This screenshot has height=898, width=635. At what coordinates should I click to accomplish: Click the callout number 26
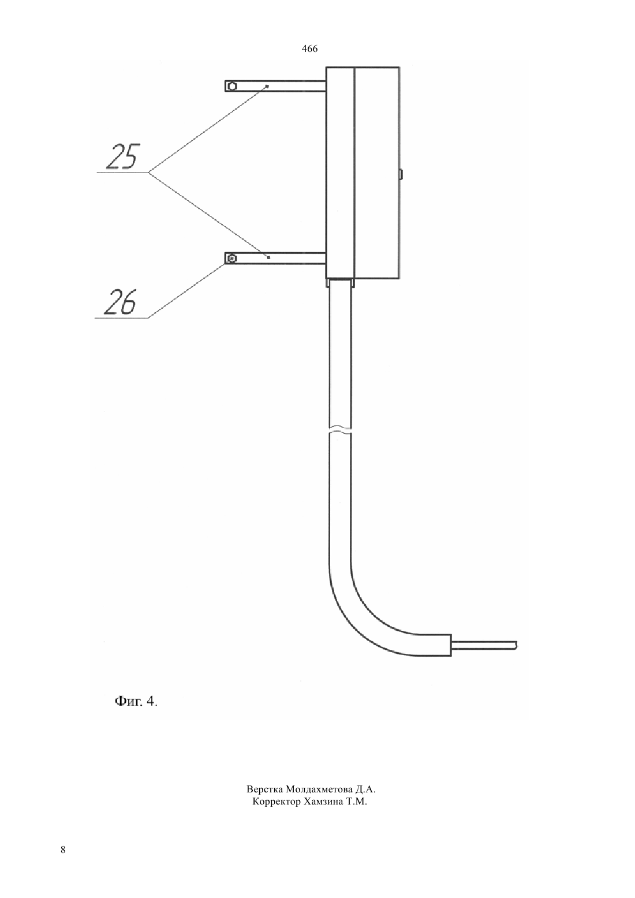(x=120, y=302)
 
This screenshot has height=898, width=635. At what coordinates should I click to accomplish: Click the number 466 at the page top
(x=309, y=49)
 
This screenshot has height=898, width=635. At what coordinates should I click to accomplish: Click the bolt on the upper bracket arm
(x=231, y=86)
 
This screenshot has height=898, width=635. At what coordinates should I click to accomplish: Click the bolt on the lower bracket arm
(x=231, y=259)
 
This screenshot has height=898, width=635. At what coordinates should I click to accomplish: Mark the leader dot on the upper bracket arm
(x=267, y=86)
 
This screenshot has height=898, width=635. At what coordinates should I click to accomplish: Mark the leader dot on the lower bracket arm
(x=268, y=257)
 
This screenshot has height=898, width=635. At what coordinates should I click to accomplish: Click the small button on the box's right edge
(x=401, y=174)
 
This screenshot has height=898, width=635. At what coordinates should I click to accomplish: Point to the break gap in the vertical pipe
(x=340, y=430)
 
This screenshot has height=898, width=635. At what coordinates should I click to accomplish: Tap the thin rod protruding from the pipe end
(x=484, y=645)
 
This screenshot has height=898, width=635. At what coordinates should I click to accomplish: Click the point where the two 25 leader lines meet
(x=149, y=173)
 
